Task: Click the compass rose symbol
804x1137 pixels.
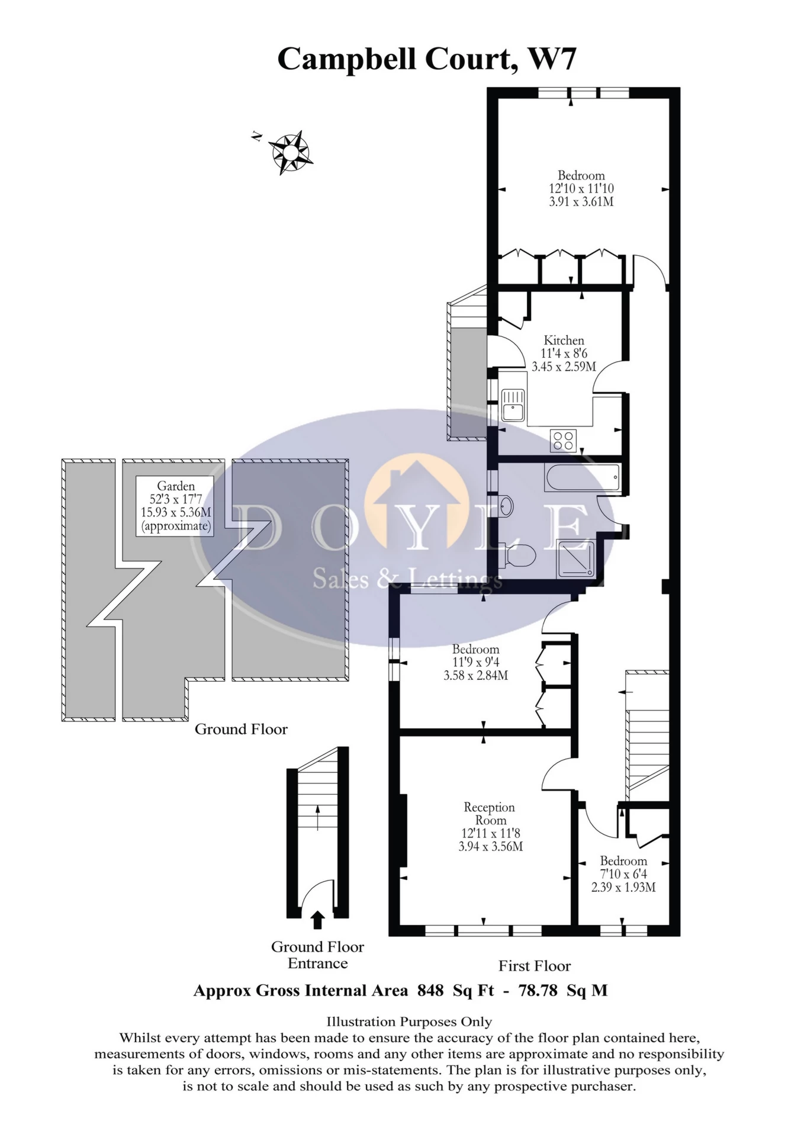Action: (290, 152)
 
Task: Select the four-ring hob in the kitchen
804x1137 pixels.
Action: (562, 440)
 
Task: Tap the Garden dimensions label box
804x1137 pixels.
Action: (175, 506)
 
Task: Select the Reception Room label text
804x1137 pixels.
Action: (490, 814)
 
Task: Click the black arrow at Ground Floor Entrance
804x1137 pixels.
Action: (318, 919)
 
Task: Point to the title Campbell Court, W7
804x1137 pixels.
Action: (426, 59)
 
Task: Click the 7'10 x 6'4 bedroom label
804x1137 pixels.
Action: (623, 873)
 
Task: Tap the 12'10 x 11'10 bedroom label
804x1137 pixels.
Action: (581, 188)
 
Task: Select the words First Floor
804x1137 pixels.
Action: (534, 966)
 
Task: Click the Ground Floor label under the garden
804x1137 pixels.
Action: (241, 729)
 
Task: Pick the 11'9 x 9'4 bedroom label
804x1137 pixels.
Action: (475, 662)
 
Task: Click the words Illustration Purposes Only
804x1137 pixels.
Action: (409, 1022)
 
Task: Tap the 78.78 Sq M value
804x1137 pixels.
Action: (562, 990)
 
